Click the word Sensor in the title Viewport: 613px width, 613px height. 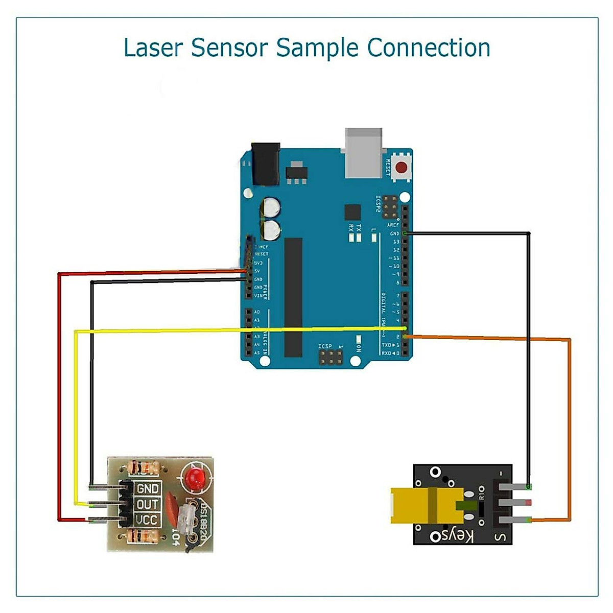click(x=229, y=48)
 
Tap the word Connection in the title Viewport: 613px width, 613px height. click(x=429, y=48)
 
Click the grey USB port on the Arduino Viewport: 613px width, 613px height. click(x=364, y=153)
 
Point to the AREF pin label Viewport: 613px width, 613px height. click(x=393, y=225)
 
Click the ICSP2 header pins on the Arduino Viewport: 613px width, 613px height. click(x=391, y=204)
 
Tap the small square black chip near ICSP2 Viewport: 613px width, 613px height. click(x=352, y=212)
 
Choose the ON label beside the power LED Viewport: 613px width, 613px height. click(x=358, y=347)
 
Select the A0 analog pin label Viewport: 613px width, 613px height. click(x=257, y=312)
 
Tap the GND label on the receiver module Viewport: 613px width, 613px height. click(x=148, y=488)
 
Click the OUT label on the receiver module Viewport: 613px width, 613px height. click(x=148, y=505)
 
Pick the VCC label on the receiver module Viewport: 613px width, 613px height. click(x=148, y=521)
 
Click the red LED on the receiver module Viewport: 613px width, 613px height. click(x=195, y=478)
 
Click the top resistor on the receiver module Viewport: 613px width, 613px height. click(x=145, y=467)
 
